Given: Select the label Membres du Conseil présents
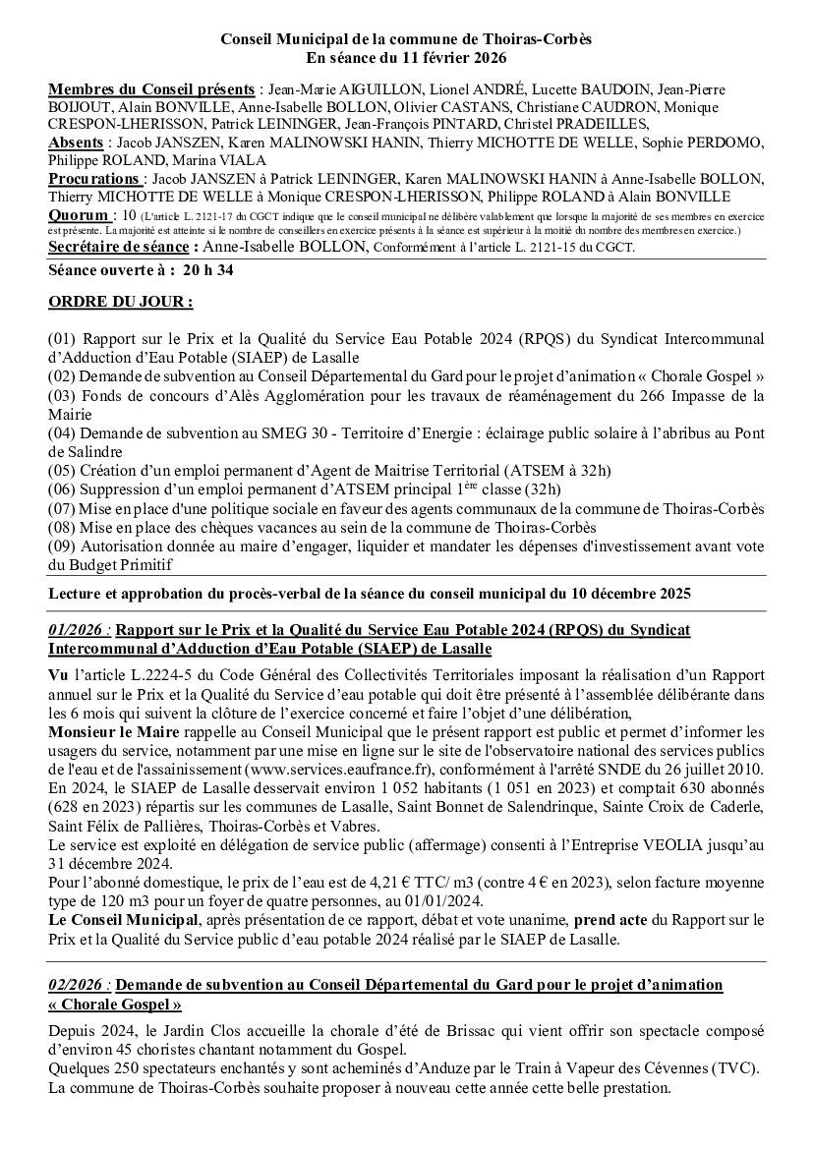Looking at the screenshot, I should [x=152, y=89].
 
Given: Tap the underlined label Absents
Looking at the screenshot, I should [x=75, y=143].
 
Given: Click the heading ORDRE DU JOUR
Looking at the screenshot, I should [x=120, y=302].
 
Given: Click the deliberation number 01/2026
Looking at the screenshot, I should [x=77, y=630].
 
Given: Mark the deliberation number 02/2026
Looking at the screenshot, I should [x=77, y=984].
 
